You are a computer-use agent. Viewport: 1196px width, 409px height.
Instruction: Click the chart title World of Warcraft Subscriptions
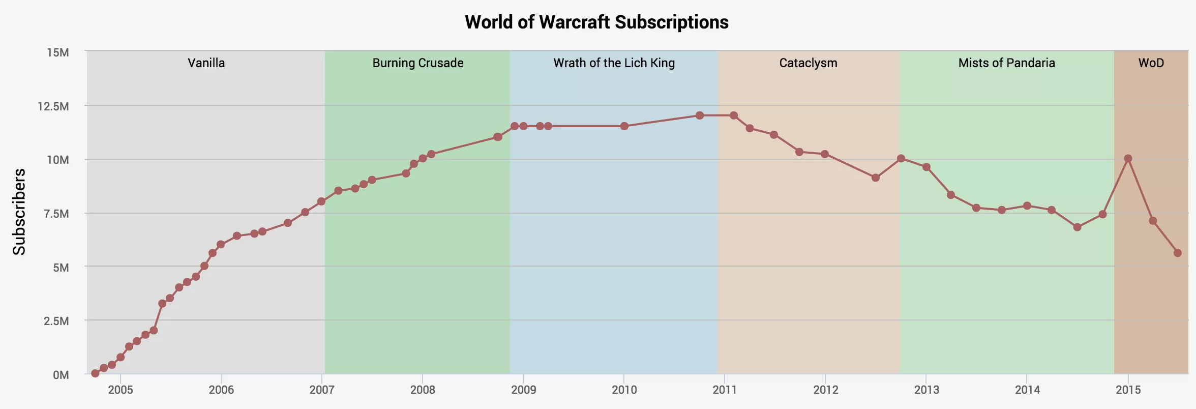pos(596,22)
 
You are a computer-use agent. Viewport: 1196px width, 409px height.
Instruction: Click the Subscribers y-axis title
pos(19,212)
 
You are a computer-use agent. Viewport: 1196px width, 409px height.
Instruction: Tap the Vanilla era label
pos(206,63)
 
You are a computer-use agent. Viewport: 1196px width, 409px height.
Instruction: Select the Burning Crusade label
pos(417,63)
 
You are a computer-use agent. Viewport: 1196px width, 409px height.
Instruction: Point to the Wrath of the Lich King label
pos(614,63)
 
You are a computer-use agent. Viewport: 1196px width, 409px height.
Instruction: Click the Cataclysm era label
pos(808,63)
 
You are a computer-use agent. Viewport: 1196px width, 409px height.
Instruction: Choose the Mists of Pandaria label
pos(1006,63)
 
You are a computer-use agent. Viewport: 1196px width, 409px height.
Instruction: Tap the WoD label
pos(1151,63)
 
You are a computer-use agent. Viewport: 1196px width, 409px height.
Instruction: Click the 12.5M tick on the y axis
pos(53,106)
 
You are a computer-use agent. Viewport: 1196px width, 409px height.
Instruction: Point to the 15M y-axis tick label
pos(57,53)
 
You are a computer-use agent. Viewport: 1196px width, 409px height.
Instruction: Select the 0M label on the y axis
pos(61,375)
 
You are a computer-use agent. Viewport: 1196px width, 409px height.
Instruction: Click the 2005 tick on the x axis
pos(121,390)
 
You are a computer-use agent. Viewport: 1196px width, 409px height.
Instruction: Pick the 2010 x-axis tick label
pos(624,390)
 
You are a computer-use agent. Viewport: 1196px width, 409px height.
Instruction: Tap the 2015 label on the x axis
pos(1128,390)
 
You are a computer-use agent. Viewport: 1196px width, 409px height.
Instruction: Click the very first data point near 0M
pos(95,373)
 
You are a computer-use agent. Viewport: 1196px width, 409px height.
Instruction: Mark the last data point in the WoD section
pos(1178,253)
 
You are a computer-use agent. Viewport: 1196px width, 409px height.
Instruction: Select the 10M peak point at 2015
pos(1128,159)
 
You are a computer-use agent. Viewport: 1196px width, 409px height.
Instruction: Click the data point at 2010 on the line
pos(624,126)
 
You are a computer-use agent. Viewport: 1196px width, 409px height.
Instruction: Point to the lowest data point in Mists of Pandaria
pos(1077,227)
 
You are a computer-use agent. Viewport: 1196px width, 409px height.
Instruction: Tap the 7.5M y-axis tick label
pos(56,214)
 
